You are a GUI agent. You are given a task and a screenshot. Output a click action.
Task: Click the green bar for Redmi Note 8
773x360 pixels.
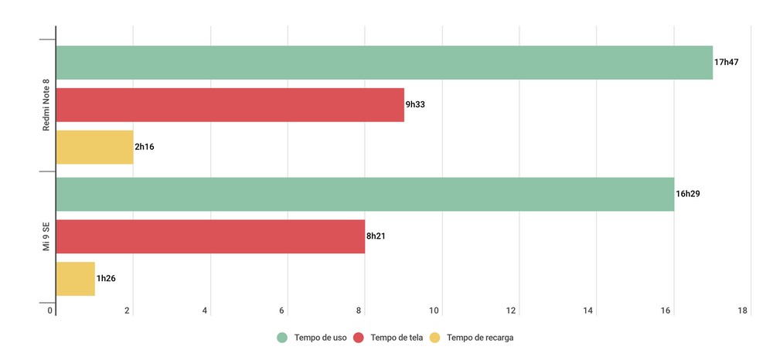tap(384, 63)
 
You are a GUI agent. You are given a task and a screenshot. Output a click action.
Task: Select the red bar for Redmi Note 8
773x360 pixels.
tap(230, 105)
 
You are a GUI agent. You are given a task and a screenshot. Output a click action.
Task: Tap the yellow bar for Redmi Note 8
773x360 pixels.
tap(94, 147)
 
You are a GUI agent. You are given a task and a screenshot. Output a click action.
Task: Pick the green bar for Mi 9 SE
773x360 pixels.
tap(365, 194)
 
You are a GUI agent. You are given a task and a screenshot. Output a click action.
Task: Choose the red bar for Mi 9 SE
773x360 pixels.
tap(210, 236)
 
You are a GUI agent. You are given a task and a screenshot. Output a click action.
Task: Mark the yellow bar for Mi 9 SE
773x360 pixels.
tap(75, 279)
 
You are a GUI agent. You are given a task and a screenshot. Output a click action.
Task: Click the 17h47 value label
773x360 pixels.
tap(727, 62)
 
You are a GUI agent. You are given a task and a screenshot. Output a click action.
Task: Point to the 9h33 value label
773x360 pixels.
tap(415, 104)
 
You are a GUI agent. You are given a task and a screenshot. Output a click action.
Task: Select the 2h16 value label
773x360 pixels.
tap(145, 147)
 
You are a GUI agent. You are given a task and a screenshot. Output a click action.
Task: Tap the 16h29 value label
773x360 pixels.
tap(688, 194)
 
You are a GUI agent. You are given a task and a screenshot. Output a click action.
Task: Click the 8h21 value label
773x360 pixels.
tap(376, 236)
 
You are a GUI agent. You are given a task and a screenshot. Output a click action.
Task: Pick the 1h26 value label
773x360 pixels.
tap(106, 278)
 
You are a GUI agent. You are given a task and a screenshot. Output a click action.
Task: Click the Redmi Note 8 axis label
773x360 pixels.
tap(46, 105)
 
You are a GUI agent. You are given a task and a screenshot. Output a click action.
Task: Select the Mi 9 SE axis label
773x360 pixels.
tap(46, 236)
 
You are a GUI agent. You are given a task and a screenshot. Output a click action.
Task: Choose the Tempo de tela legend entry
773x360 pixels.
tap(389, 338)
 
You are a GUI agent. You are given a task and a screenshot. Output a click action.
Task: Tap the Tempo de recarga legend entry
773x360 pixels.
tap(472, 338)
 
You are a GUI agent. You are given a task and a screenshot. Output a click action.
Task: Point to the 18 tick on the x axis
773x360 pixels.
tap(743, 311)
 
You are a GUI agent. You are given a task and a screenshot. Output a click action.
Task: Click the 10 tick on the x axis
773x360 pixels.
tap(434, 311)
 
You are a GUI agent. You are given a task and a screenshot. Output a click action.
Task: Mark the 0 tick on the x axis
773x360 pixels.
tap(50, 311)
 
